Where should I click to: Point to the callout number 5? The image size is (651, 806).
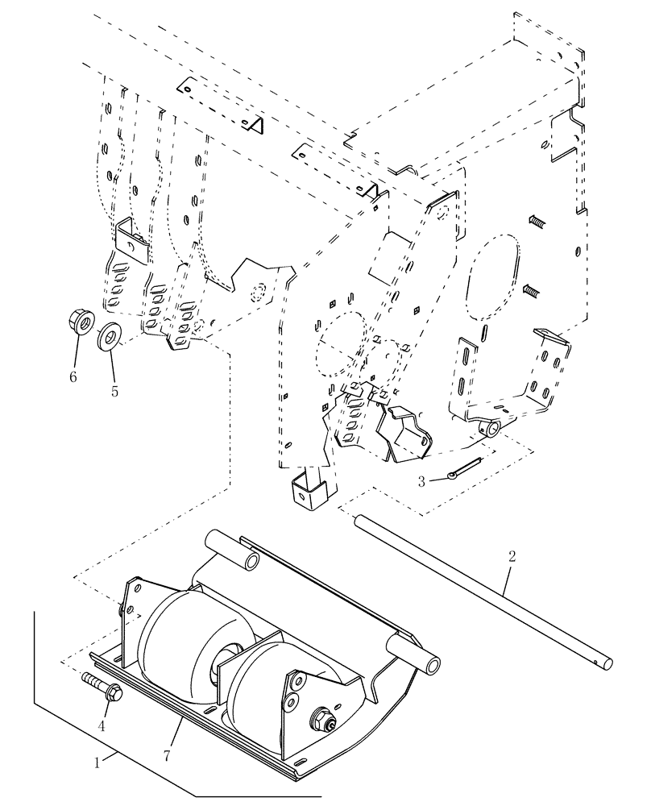pos(114,393)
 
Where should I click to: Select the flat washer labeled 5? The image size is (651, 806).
pos(109,334)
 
